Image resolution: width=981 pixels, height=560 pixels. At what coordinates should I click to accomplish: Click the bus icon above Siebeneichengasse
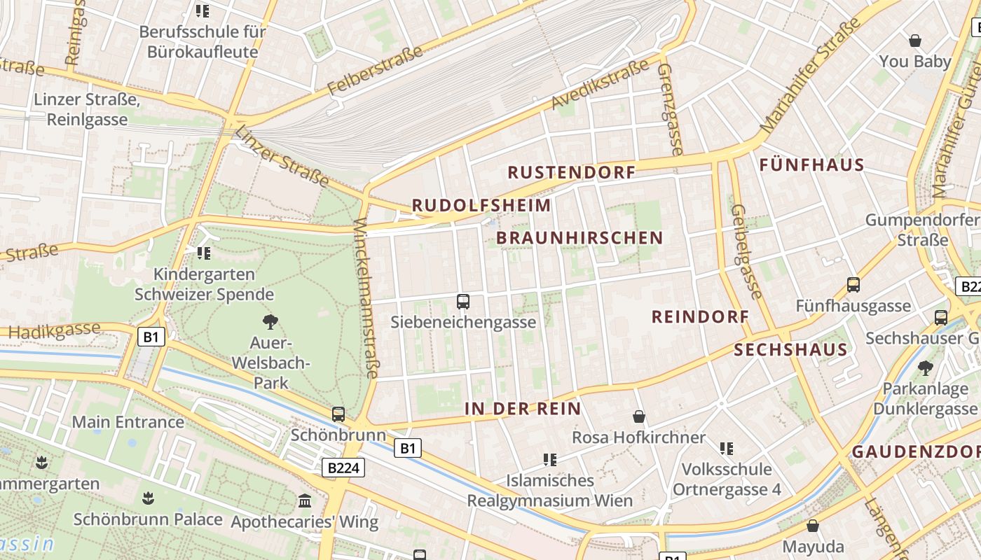462,302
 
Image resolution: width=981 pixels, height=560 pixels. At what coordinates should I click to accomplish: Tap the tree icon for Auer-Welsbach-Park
270,322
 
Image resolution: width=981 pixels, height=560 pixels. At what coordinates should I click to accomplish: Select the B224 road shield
343,468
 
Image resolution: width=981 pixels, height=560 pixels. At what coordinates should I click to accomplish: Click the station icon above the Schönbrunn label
338,414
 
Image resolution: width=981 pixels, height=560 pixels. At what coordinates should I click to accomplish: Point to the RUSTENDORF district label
571,172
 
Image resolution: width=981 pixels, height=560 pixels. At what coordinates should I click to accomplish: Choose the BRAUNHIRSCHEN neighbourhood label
579,238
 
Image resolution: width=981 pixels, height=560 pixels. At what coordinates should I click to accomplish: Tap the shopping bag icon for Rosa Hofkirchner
639,416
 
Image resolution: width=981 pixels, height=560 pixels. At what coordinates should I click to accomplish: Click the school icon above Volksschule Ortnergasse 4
727,448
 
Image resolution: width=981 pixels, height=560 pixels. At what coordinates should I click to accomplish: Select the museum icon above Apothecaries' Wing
305,500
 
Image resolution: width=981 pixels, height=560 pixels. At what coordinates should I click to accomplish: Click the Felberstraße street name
375,71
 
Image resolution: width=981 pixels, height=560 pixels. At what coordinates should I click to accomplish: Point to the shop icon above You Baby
914,41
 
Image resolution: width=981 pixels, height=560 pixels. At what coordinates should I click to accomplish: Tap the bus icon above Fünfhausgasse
853,285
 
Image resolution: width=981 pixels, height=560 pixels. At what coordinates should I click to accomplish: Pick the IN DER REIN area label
523,409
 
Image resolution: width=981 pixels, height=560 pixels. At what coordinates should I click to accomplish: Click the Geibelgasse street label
746,251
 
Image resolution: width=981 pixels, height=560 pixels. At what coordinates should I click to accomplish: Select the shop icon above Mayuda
813,525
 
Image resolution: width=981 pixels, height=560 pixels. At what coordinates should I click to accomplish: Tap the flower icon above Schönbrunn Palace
148,498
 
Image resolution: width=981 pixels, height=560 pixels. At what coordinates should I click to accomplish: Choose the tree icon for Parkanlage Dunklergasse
925,367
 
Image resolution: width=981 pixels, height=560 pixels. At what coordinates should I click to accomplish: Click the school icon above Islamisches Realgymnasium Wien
550,460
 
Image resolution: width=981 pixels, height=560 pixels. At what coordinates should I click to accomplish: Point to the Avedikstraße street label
601,85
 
